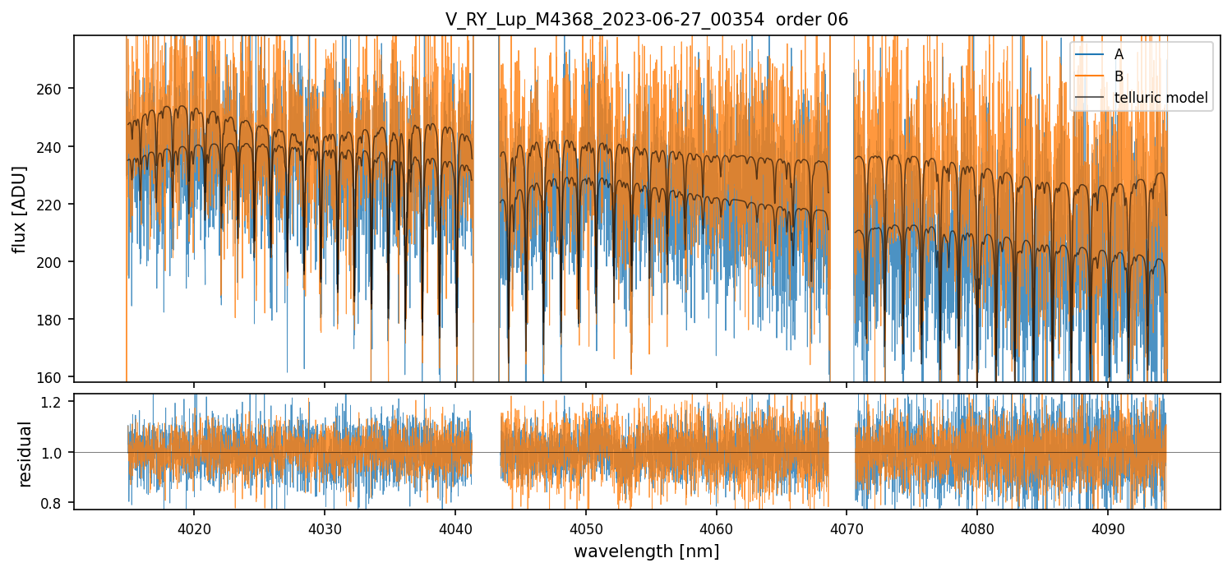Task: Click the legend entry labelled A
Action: (1119, 54)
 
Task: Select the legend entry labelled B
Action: (1119, 76)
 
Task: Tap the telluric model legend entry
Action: (1160, 98)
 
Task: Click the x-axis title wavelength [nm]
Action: (646, 551)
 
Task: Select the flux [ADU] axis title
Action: (20, 209)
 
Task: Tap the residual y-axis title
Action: (25, 454)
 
